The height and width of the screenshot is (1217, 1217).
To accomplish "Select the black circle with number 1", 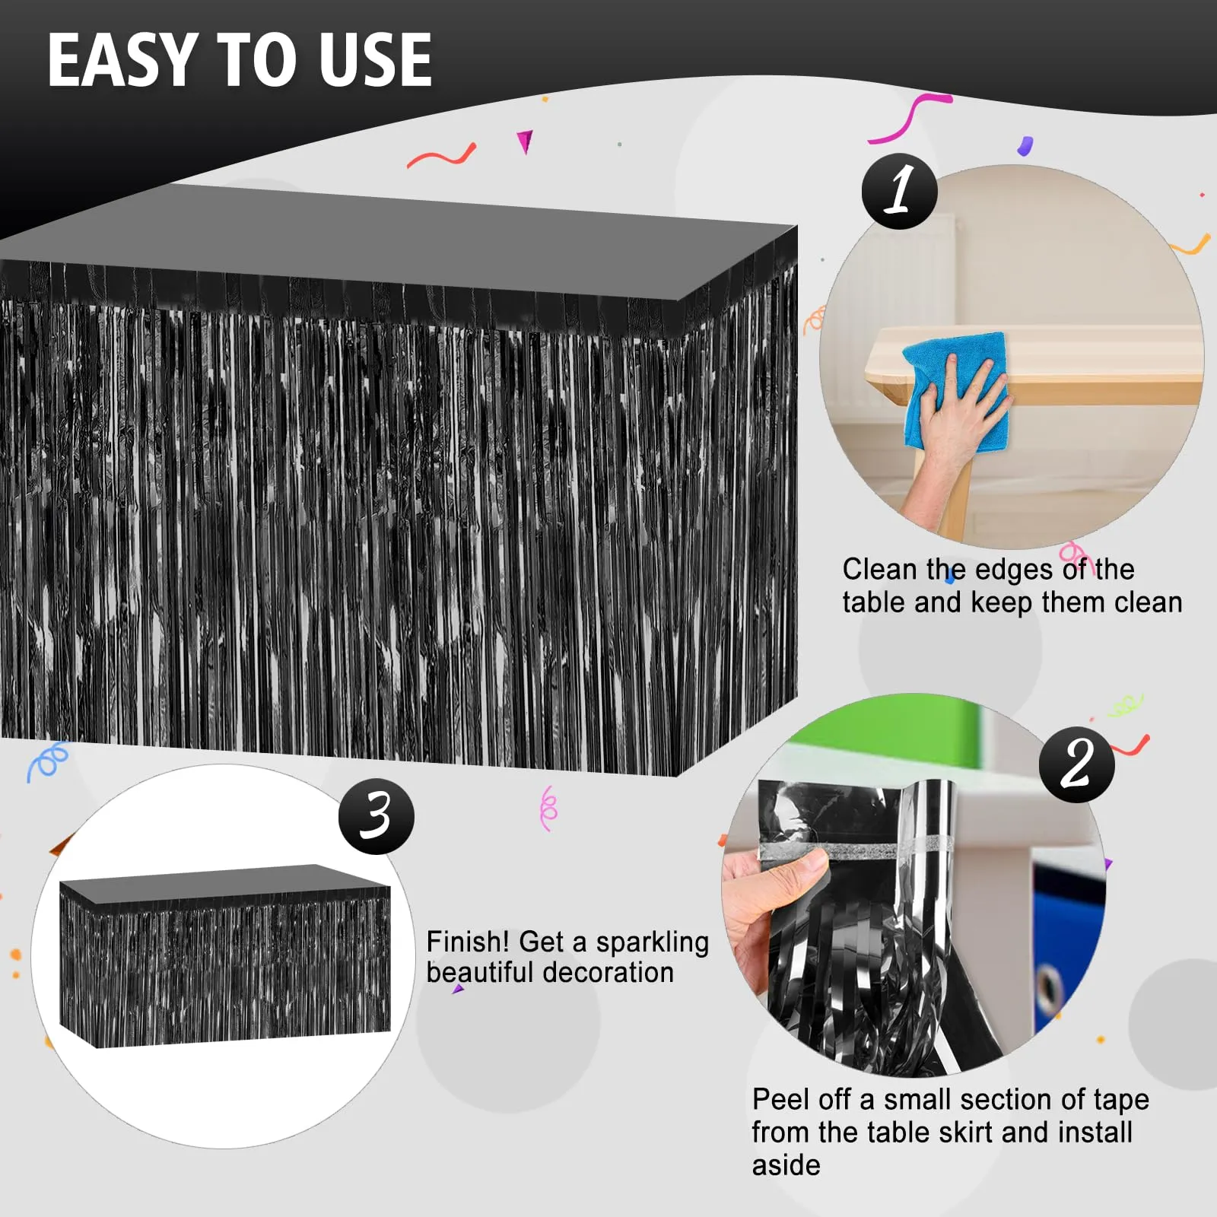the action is [x=899, y=191].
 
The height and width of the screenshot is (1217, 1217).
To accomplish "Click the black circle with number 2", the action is [x=1077, y=764].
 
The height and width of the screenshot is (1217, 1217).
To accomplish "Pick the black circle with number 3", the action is [x=377, y=816].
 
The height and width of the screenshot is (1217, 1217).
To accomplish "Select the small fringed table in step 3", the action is [x=225, y=956].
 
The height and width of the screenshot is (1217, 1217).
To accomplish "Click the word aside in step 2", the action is [x=786, y=1165].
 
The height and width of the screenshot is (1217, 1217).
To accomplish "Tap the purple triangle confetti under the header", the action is [x=525, y=141].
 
